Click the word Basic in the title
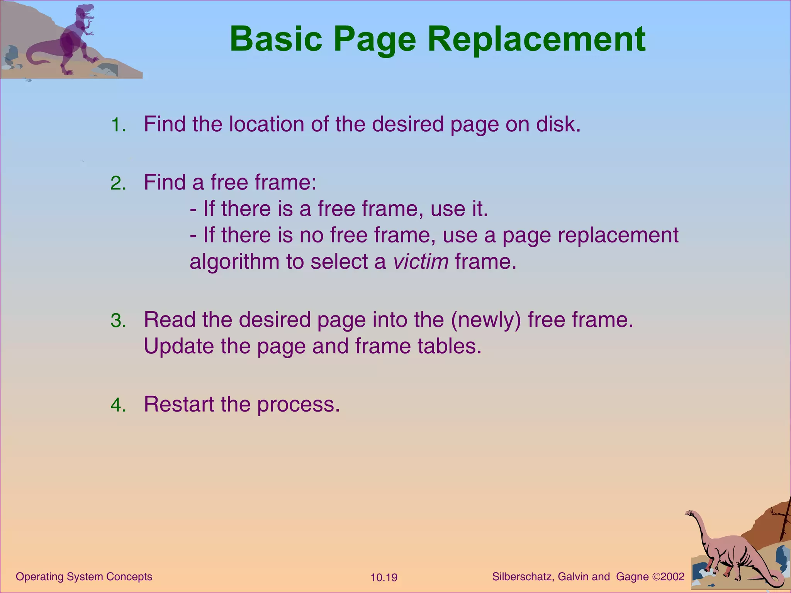click(276, 39)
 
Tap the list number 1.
click(118, 125)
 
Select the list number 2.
click(118, 183)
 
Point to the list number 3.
click(118, 321)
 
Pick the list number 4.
click(118, 405)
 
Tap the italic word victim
click(421, 262)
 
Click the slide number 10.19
click(384, 578)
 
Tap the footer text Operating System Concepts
click(84, 577)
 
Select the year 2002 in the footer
click(672, 577)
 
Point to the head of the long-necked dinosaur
click(690, 513)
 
